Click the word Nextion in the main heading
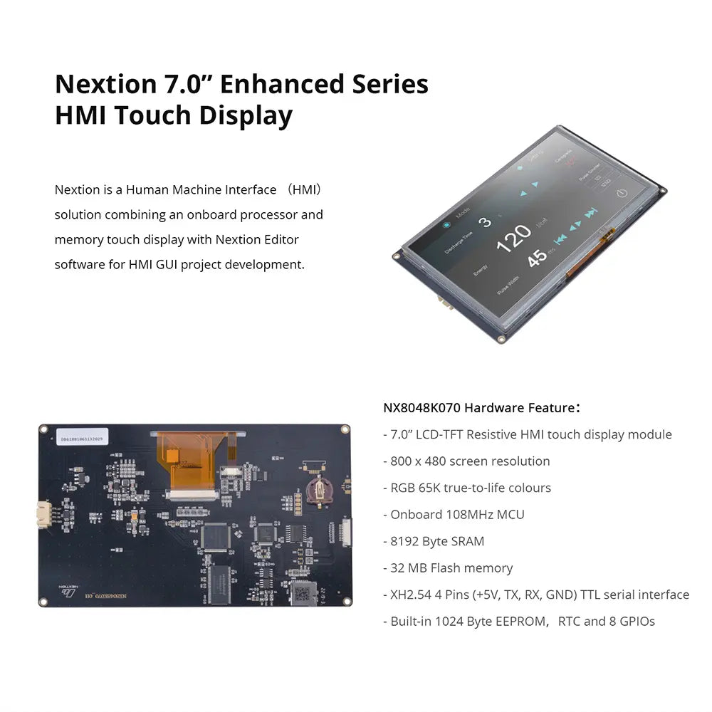click(x=102, y=84)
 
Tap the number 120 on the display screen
click(x=514, y=238)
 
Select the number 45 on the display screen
click(x=538, y=256)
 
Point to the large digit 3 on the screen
click(x=485, y=221)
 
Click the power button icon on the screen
click(x=621, y=193)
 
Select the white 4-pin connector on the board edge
click(x=44, y=514)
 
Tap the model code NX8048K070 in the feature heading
click(x=423, y=408)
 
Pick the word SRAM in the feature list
click(x=466, y=541)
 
